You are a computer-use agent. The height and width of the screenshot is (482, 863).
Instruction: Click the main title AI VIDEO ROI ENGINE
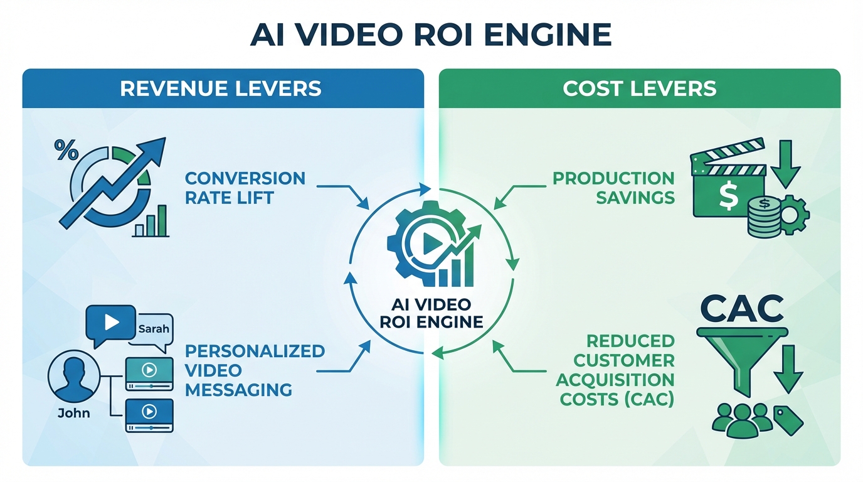click(x=431, y=35)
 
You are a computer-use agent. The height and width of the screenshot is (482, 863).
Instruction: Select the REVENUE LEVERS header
click(x=221, y=88)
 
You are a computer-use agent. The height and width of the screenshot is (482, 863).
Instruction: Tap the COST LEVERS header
click(x=639, y=88)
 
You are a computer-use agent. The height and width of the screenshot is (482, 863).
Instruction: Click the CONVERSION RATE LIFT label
click(x=245, y=188)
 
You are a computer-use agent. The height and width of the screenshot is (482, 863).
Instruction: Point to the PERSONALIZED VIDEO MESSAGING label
click(x=255, y=370)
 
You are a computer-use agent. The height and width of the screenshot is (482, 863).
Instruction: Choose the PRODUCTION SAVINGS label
click(x=613, y=188)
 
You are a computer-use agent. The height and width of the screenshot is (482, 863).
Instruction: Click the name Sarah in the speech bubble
click(x=153, y=328)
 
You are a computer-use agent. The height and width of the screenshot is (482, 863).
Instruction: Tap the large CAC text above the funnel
click(x=743, y=309)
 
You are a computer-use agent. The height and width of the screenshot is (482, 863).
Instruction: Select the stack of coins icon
click(x=763, y=217)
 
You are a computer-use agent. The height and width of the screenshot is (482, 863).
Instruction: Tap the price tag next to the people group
click(x=789, y=420)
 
